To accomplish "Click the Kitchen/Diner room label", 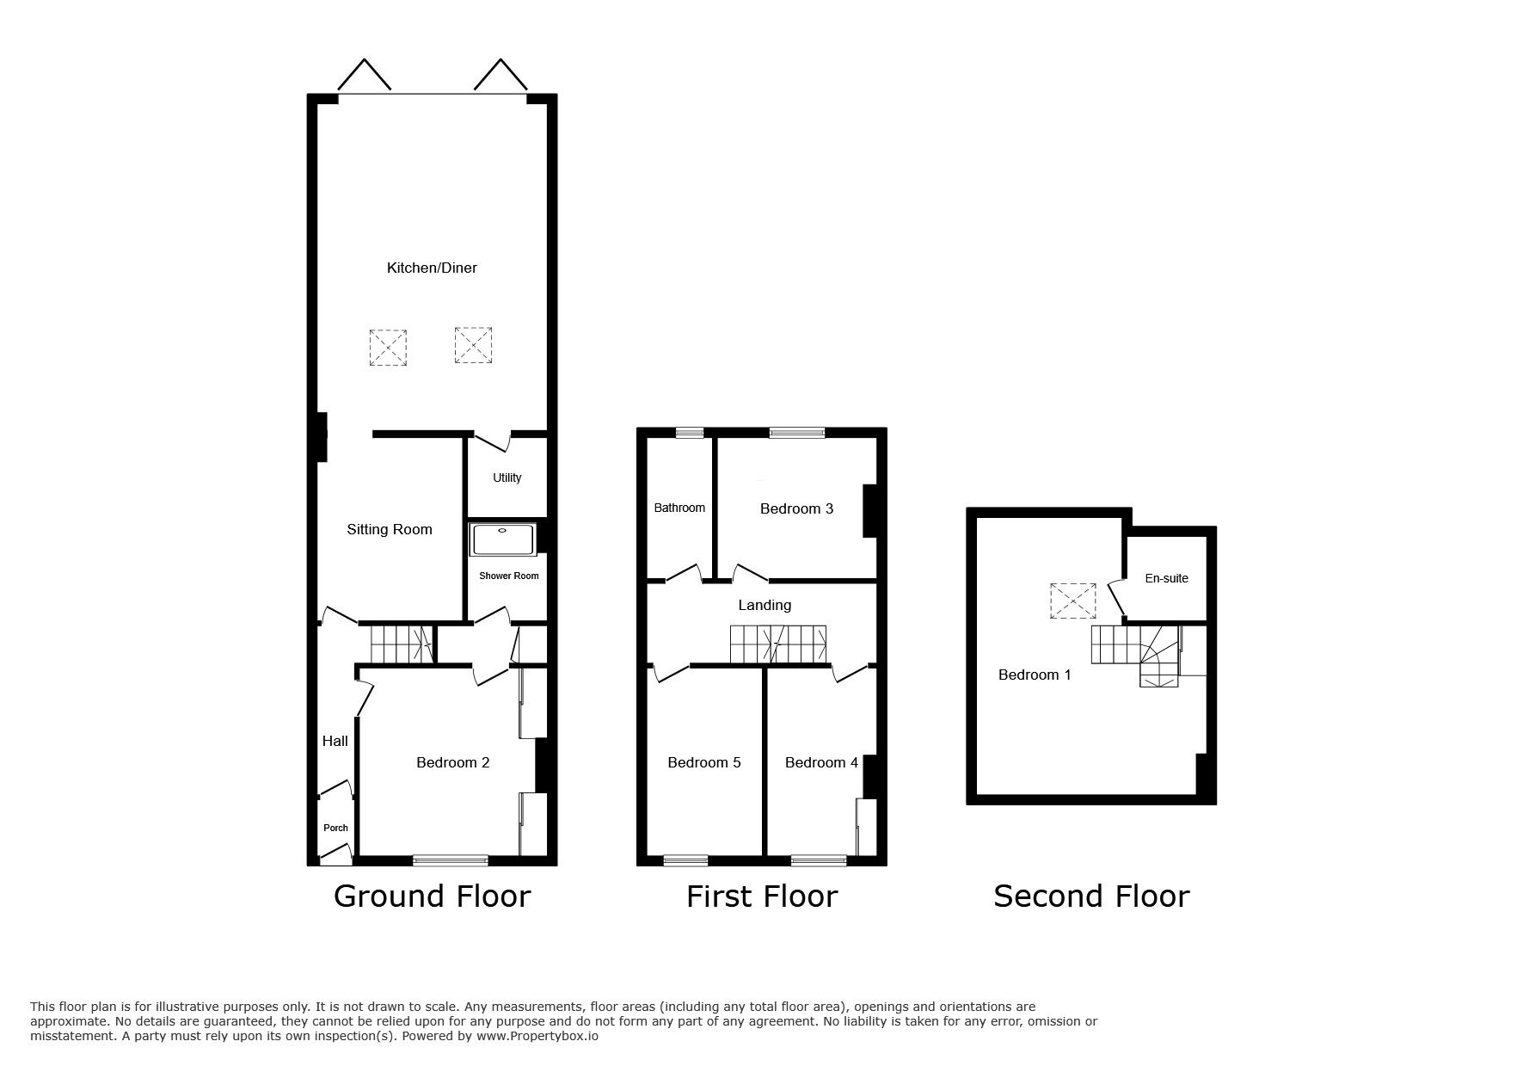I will (432, 268).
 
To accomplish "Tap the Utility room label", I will (507, 478).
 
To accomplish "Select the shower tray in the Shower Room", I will (503, 540).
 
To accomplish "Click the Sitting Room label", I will (389, 529).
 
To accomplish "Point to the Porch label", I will (335, 828).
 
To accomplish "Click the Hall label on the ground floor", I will (335, 741).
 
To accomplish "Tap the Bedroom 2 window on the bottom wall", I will (451, 859).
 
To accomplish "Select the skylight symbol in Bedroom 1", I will (1073, 601).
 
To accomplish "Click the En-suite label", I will (1166, 578).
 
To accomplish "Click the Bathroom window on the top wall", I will (689, 433).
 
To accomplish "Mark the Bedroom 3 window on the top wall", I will (796, 433).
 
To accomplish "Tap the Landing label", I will (765, 605).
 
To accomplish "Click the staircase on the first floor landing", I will (779, 644).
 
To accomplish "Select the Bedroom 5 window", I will (686, 859).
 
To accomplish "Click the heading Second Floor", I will (1090, 897).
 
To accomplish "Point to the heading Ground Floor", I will (432, 897).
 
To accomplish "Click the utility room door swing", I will (491, 442).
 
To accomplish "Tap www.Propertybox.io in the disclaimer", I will (537, 1036).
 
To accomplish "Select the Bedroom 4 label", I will (820, 762).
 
